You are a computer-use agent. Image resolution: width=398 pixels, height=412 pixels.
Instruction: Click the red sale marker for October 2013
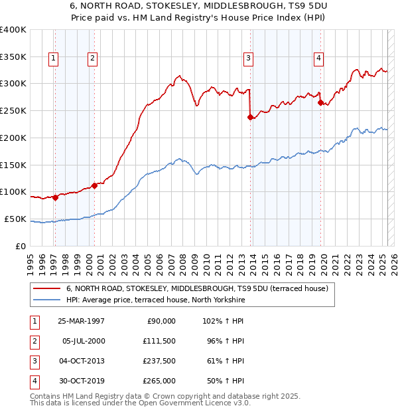point(251,118)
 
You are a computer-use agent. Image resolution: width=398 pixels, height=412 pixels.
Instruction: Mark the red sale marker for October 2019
point(320,103)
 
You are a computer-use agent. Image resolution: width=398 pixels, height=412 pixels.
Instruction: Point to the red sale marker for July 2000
point(94,186)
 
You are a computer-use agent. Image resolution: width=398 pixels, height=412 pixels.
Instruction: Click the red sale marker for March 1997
point(56,197)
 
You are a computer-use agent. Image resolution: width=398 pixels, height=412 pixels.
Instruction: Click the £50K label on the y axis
point(15,219)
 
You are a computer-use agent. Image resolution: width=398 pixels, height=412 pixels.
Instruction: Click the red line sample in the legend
point(46,289)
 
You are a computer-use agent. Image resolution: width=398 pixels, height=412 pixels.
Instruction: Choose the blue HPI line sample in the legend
point(46,300)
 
